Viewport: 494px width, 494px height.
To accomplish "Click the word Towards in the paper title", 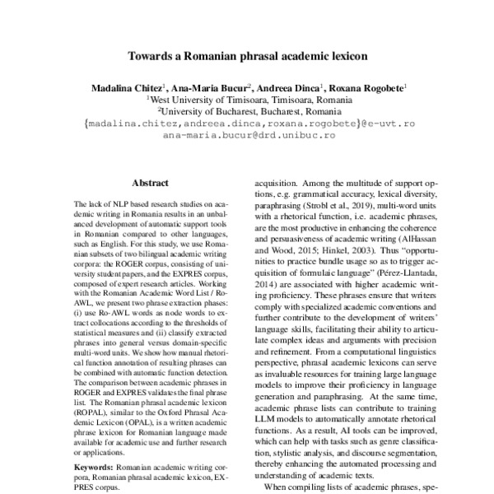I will tap(150, 58).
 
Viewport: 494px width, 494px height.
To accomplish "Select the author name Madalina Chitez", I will tap(126, 86).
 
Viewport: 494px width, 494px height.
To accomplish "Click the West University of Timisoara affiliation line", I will tap(248, 98).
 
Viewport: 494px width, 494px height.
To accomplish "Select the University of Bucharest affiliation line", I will tap(248, 110).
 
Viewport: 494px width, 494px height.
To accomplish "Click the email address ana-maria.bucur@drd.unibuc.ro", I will tap(248, 133).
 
